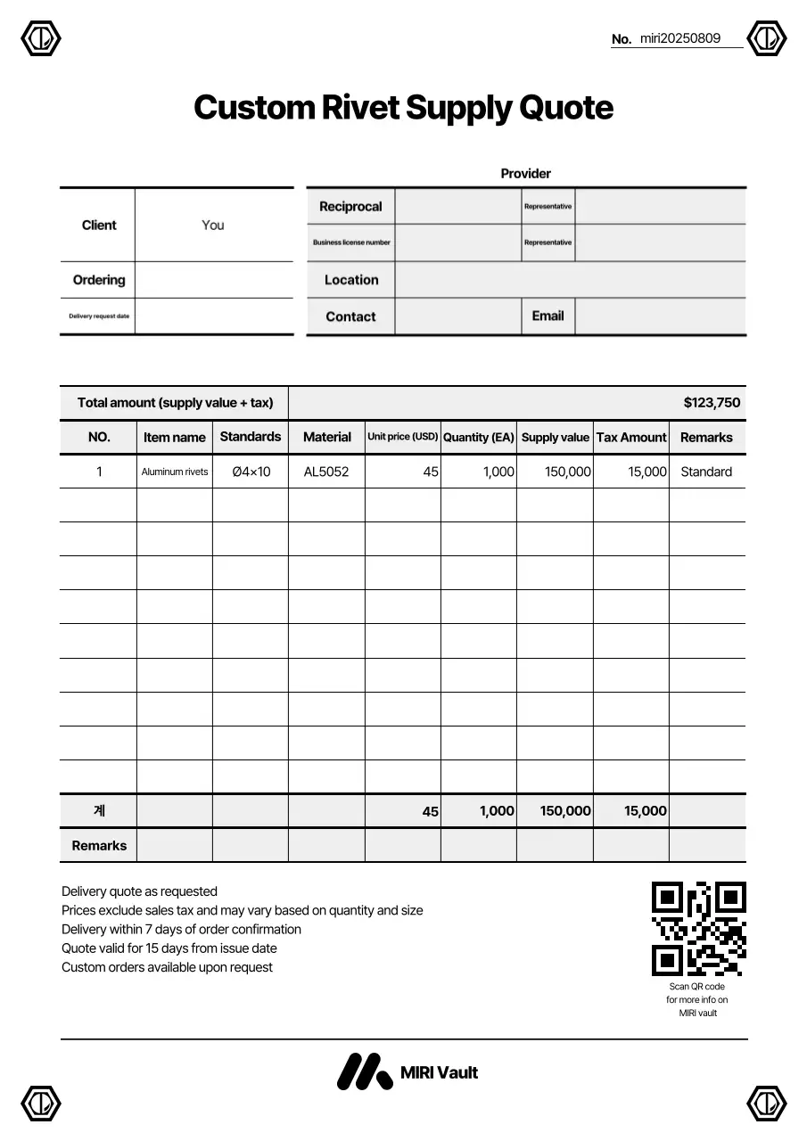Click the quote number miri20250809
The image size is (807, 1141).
[679, 38]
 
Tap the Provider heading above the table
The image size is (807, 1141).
[525, 174]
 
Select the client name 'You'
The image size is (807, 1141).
[213, 226]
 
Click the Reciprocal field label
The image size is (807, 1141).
[350, 207]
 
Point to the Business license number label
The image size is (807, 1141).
[351, 242]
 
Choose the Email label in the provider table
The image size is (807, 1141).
[548, 316]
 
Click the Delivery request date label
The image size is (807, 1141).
[99, 316]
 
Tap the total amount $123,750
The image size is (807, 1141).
[712, 403]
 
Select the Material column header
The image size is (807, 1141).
[326, 437]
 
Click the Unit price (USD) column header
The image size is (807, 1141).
[402, 437]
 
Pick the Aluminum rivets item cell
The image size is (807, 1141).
[175, 472]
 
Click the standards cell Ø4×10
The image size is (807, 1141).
[251, 472]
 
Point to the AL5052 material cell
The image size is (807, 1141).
[326, 472]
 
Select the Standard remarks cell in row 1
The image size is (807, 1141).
[706, 472]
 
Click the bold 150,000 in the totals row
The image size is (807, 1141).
[565, 811]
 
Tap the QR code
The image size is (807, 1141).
[698, 928]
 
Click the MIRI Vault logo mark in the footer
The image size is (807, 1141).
[364, 1071]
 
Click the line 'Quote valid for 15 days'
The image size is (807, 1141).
[169, 948]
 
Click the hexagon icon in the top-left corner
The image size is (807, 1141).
[40, 38]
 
